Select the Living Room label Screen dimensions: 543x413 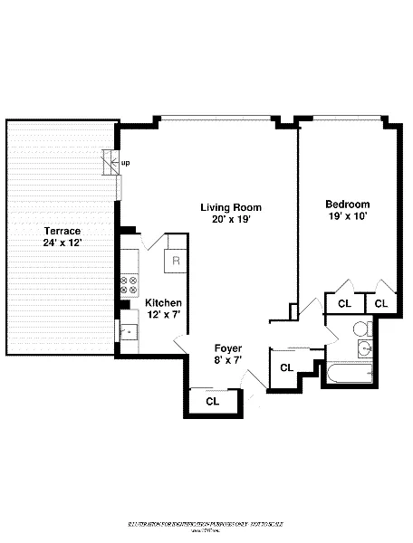226,207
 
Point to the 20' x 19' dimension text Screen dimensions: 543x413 226,219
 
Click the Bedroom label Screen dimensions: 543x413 350,205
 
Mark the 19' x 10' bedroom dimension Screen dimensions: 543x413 350,216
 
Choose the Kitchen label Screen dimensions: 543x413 164,302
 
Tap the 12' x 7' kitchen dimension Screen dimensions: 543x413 164,314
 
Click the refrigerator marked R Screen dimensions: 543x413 176,261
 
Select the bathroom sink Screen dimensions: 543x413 367,348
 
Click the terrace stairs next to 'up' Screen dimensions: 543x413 110,164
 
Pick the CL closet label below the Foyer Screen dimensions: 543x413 212,400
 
